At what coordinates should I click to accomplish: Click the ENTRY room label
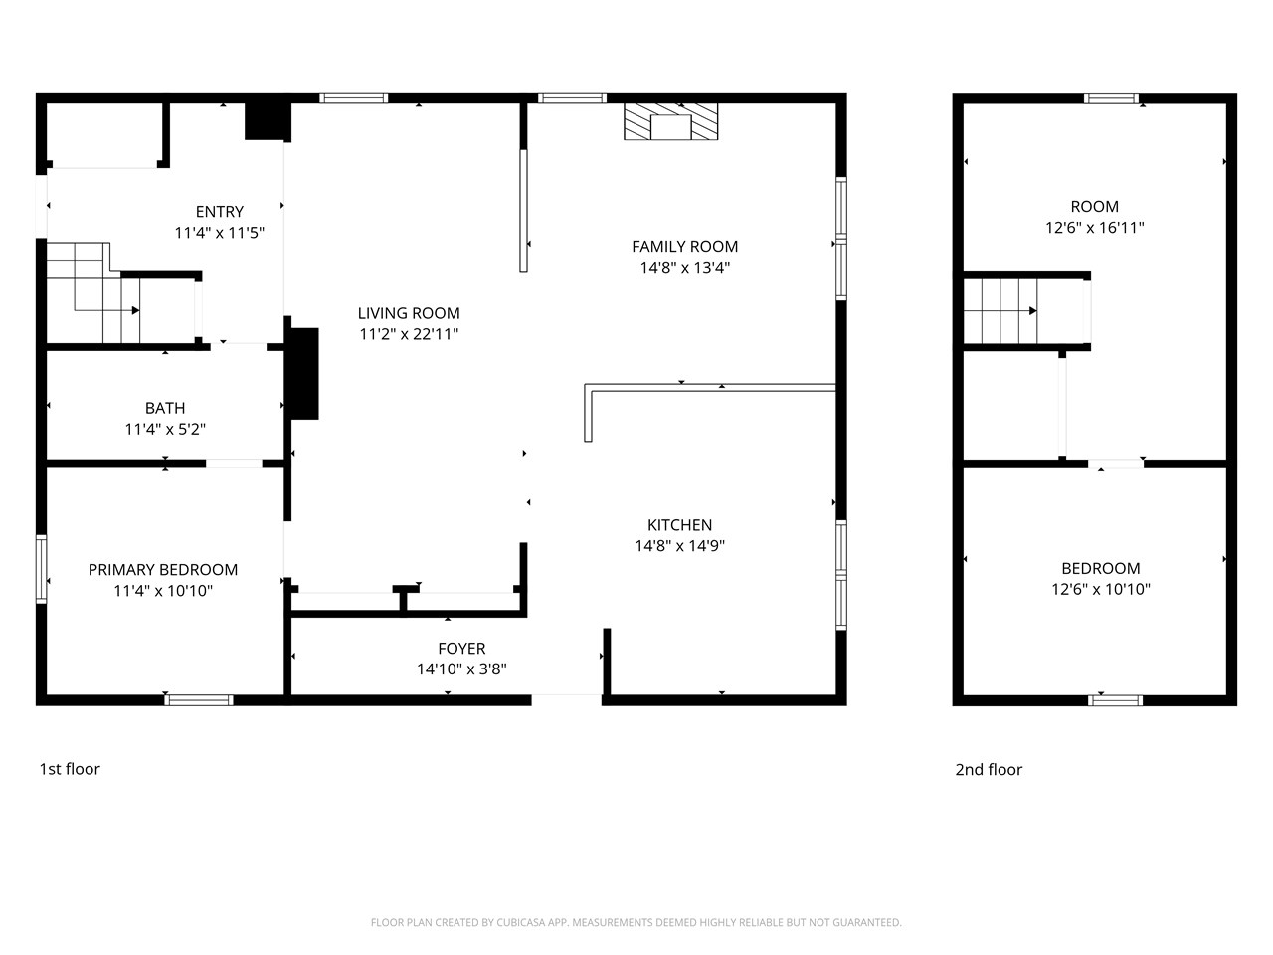coord(219,211)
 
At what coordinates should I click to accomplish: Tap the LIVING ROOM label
coord(409,313)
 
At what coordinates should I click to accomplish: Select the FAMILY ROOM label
coord(684,246)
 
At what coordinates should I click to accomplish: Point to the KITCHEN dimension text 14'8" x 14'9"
coord(680,546)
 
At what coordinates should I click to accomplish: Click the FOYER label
coord(461,649)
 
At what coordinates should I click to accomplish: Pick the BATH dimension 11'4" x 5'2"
coord(165,429)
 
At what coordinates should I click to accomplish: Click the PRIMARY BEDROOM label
coord(163,570)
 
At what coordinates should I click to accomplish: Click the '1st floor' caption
coord(70,769)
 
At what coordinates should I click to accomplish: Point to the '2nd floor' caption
coord(989,769)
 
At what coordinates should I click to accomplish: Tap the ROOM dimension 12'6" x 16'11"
coord(1094,228)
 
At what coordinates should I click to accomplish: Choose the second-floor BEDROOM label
coord(1100,568)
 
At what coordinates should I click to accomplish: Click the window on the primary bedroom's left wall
coord(41,568)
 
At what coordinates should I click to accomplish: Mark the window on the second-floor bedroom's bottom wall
coord(1116,700)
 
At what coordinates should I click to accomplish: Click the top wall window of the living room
coord(353,97)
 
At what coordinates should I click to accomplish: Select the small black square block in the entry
coord(267,120)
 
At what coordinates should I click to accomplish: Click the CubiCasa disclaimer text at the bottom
coord(636,923)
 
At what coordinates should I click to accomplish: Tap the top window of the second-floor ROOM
coord(1111,97)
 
